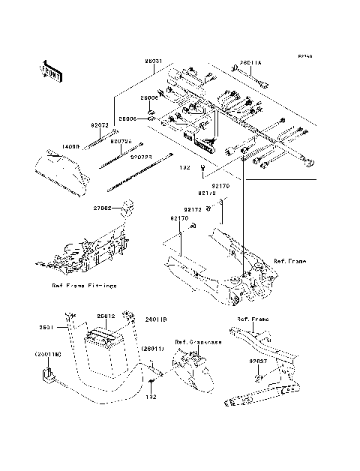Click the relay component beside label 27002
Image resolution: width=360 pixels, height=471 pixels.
point(125,204)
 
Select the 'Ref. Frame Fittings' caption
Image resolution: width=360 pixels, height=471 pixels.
point(83,285)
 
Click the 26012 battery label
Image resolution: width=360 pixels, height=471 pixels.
point(104,317)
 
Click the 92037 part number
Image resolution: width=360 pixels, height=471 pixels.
point(258,360)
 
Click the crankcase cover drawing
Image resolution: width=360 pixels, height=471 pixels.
point(190,371)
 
